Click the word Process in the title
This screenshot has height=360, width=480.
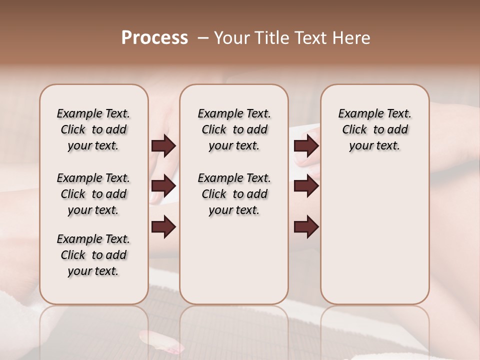click(154, 38)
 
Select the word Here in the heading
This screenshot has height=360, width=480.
click(352, 38)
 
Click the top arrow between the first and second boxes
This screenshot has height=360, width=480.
click(163, 146)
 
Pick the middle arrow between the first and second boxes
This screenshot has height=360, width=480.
click(163, 186)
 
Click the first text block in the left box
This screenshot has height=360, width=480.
click(93, 129)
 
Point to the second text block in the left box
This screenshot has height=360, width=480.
click(93, 194)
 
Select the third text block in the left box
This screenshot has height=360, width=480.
click(93, 255)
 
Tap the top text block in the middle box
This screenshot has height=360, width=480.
click(234, 129)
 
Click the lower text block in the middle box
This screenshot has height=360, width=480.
click(234, 194)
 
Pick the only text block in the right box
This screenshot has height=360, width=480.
click(374, 129)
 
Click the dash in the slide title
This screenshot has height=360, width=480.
click(202, 38)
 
